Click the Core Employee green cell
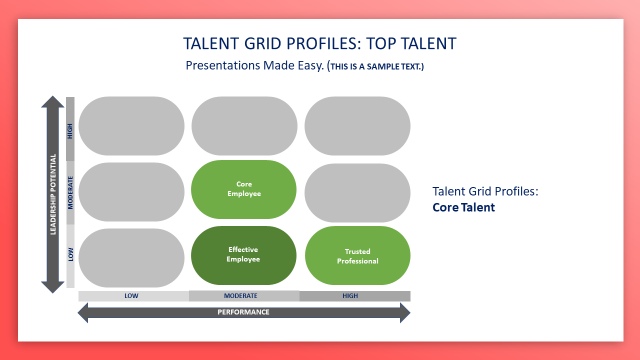[x=243, y=189]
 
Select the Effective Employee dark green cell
[x=243, y=255]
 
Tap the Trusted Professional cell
[x=357, y=255]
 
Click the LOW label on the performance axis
[x=131, y=295]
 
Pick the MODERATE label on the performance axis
[x=240, y=295]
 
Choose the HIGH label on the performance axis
[x=350, y=295]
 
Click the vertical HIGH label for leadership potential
[x=70, y=131]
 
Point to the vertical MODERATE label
[x=70, y=193]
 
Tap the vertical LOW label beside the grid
[x=70, y=254]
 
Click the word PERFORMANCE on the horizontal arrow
[x=243, y=312]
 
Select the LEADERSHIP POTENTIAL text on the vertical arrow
[x=53, y=194]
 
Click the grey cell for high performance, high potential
[x=357, y=126]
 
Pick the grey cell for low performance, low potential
[x=131, y=258]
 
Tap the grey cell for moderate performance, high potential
[x=244, y=126]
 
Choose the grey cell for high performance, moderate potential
[x=357, y=193]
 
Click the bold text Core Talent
[x=463, y=207]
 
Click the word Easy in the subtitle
[x=310, y=65]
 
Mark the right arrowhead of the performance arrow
[x=405, y=313]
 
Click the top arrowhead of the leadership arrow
[x=52, y=101]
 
